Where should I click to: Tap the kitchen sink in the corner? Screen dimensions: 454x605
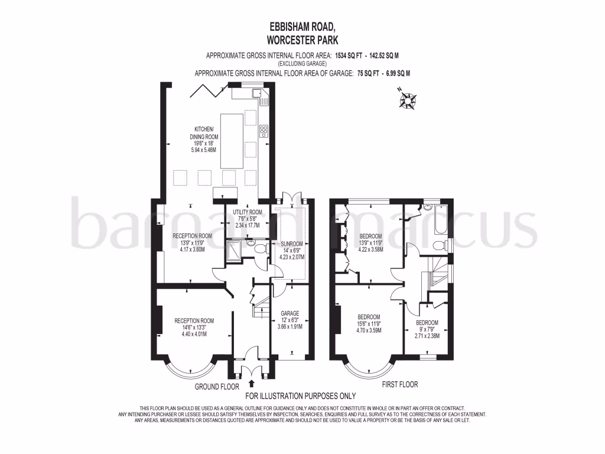258,93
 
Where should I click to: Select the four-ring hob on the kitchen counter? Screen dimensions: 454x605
264,129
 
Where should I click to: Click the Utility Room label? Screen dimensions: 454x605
248,212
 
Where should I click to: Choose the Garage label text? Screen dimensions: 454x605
290,313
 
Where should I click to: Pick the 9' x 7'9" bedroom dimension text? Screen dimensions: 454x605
427,330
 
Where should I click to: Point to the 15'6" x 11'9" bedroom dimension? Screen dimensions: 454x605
368,323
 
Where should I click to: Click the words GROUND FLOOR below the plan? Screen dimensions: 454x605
217,387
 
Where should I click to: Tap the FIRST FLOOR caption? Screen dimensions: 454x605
399,384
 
